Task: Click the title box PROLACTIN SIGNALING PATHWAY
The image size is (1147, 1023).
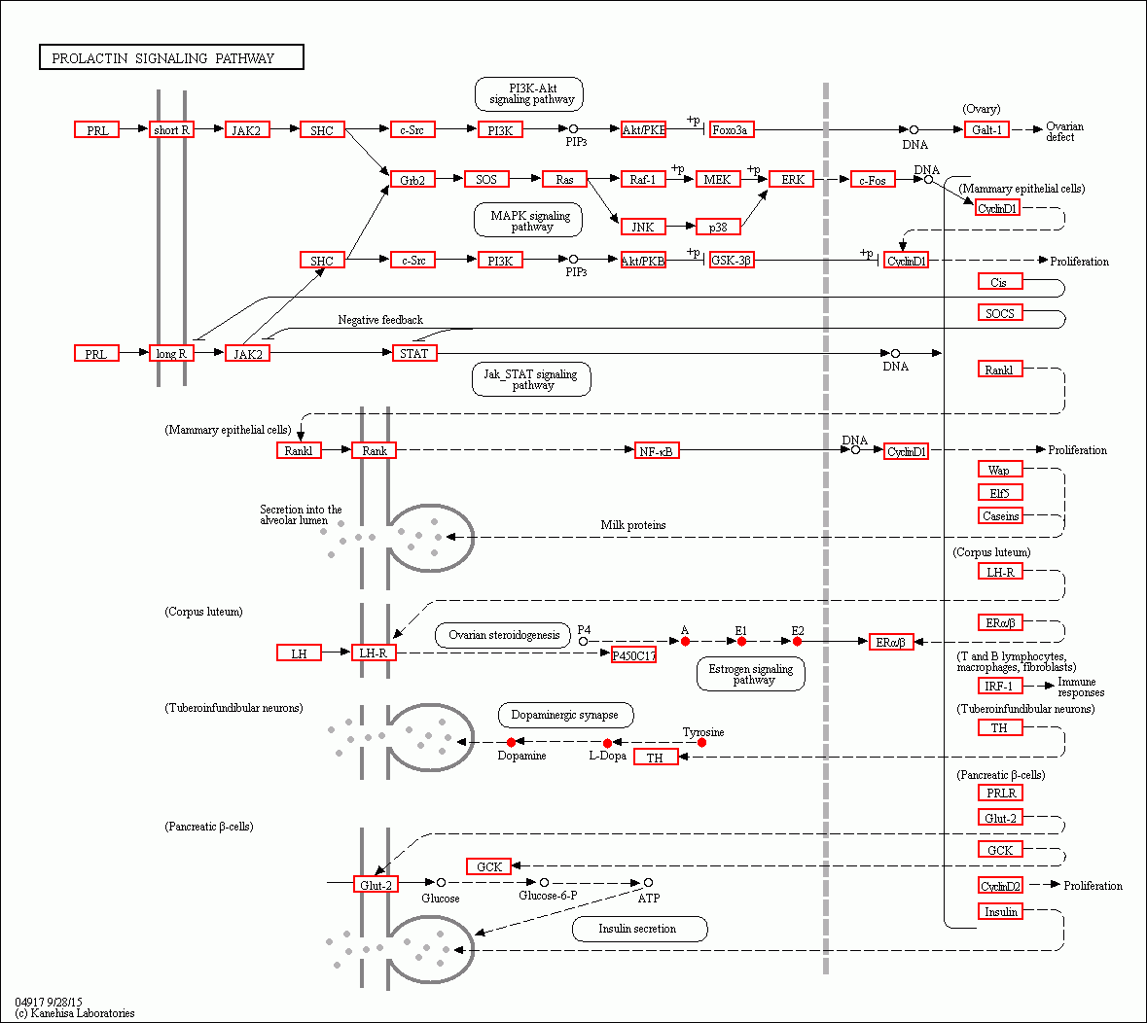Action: [171, 57]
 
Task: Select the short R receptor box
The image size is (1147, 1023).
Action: [171, 129]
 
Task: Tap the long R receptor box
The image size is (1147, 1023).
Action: [171, 353]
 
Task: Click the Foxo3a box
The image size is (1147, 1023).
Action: [731, 129]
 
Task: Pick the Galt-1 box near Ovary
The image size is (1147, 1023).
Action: [986, 129]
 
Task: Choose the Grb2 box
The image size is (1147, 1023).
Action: [412, 179]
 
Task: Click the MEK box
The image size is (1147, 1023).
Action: [718, 179]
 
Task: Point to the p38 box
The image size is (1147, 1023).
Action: [718, 227]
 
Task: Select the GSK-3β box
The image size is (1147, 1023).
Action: [732, 260]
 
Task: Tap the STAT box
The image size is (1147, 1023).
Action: [414, 353]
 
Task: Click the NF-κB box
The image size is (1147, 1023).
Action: [657, 450]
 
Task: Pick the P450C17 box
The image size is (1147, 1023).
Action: [633, 655]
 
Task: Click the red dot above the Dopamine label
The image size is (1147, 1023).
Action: [512, 743]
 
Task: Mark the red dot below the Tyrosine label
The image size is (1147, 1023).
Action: [701, 743]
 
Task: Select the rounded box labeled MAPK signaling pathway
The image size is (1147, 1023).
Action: [528, 221]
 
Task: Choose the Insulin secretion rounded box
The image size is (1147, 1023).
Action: [638, 929]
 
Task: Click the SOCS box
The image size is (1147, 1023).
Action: [1000, 313]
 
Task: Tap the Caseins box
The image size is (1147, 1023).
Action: [1000, 515]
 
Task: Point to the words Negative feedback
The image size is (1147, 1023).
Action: [380, 320]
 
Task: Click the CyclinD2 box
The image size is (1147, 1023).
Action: [1000, 886]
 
